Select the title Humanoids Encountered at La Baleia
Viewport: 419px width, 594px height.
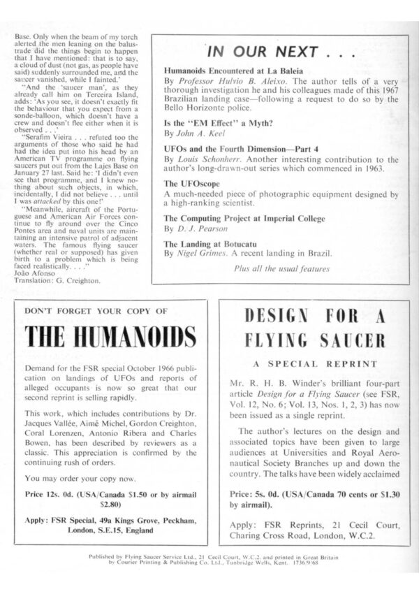click(230, 71)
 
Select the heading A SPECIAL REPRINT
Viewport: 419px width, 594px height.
click(313, 364)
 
